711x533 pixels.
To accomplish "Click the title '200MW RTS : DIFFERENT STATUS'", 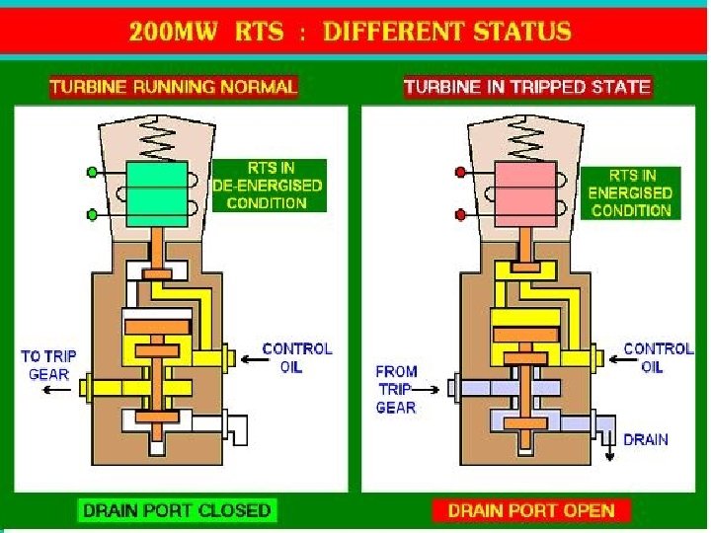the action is (350, 31).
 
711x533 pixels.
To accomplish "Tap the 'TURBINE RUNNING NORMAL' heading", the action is (173, 87).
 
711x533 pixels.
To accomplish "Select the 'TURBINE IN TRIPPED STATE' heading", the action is (527, 87).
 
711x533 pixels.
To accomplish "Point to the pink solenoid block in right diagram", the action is (528, 193).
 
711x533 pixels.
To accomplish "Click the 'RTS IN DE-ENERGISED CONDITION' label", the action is (268, 186).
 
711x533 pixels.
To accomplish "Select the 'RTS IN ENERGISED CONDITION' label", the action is (629, 193).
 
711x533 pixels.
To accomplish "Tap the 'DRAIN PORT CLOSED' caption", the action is (177, 510).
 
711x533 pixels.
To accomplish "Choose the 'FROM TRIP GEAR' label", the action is (396, 389).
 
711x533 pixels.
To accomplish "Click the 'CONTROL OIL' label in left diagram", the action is (297, 357).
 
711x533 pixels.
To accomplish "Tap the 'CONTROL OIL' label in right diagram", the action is (659, 357).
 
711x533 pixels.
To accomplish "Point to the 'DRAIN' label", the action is (646, 439).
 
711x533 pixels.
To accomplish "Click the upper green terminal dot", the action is (93, 172).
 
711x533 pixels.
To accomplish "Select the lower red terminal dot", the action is (461, 214).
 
